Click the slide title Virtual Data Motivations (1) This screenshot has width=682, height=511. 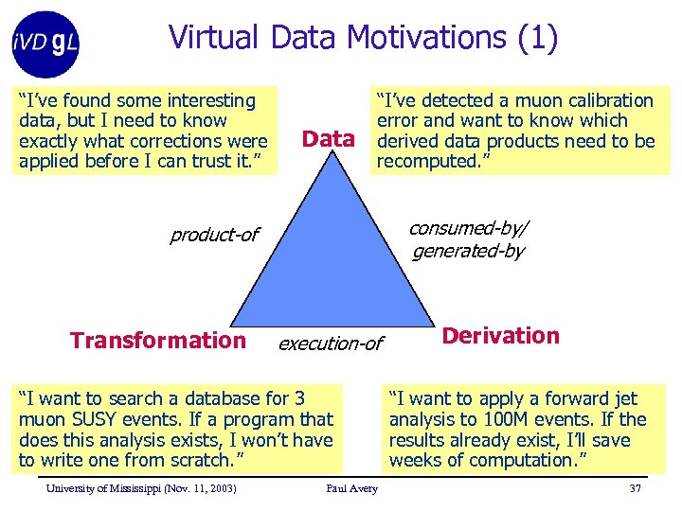363,37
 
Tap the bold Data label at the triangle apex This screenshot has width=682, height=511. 328,139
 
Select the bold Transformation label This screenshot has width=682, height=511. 157,341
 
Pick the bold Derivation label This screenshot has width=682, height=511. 500,336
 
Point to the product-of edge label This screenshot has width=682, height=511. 214,235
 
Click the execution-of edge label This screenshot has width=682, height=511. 330,344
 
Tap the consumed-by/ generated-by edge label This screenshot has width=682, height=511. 468,239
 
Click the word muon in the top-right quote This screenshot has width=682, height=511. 525,100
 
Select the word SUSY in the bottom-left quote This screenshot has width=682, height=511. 89,419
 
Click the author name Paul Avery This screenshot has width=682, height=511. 351,488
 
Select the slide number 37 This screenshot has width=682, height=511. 635,488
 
